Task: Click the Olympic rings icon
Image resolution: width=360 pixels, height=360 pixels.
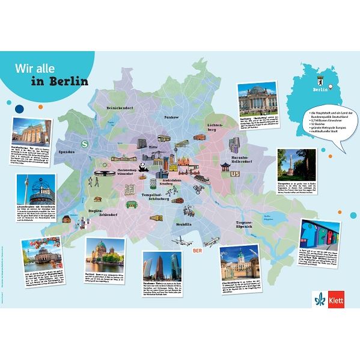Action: tap(105, 165)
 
